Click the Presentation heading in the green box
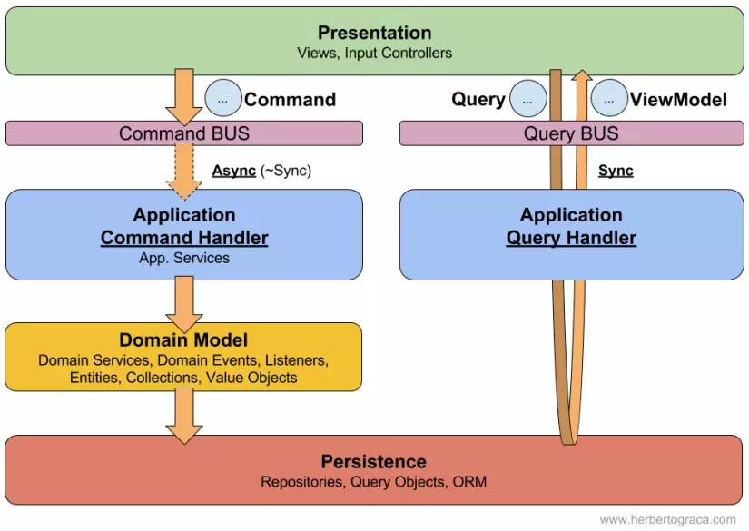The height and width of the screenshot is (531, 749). (x=374, y=34)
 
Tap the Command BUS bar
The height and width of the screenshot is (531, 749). (x=184, y=133)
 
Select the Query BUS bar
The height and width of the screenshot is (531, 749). (x=571, y=133)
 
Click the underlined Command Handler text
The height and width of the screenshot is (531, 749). (x=184, y=238)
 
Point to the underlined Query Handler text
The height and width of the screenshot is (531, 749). (x=571, y=238)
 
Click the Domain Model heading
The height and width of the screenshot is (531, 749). (x=183, y=340)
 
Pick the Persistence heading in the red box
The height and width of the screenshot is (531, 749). (x=373, y=461)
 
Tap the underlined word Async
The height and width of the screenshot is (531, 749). (x=233, y=171)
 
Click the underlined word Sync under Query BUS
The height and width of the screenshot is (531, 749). (x=616, y=171)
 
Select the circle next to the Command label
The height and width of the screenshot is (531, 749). (x=222, y=99)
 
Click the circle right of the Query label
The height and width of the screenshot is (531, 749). (x=527, y=99)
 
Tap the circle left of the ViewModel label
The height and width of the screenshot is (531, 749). (x=609, y=99)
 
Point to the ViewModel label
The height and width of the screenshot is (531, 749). (x=678, y=100)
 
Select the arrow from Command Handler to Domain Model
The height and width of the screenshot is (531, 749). (x=184, y=302)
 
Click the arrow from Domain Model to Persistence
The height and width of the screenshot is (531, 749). (x=184, y=415)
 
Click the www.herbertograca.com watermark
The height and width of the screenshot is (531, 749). (x=667, y=519)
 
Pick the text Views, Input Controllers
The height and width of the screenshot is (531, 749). (x=374, y=54)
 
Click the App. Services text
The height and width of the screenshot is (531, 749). (x=184, y=258)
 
